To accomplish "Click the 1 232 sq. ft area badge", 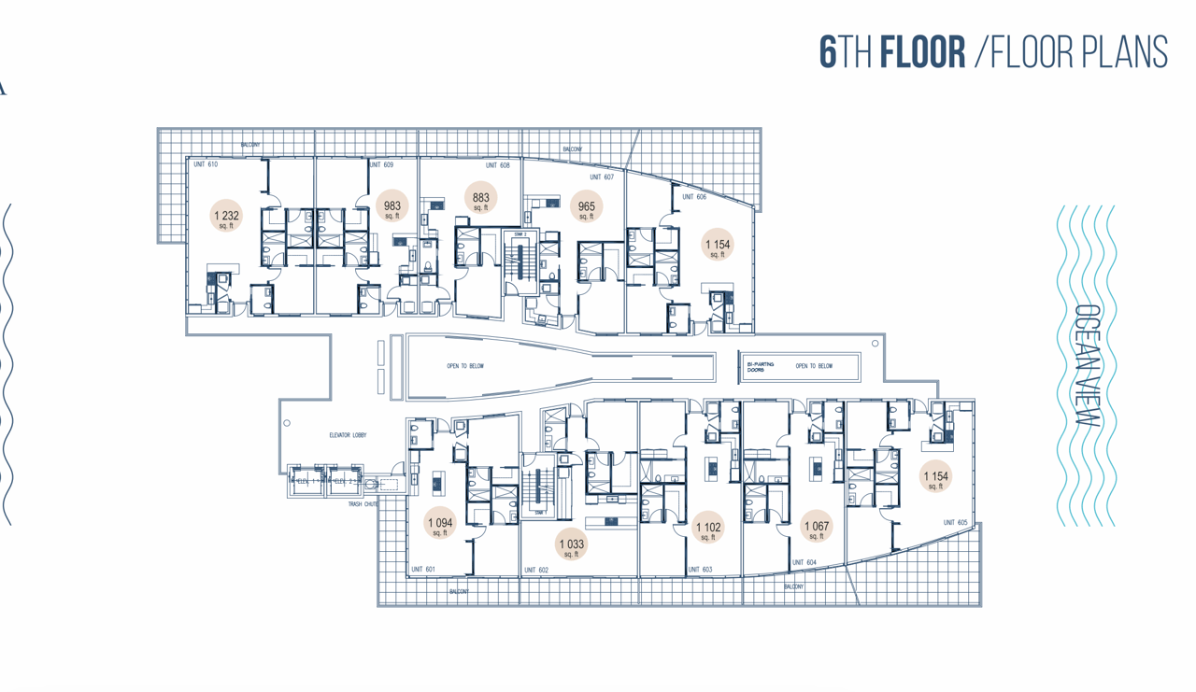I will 225,217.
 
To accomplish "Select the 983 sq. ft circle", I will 392,208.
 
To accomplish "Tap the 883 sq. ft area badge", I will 480,199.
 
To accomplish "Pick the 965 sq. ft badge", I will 586,208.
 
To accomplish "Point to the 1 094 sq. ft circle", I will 439,525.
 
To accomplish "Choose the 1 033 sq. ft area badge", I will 571,545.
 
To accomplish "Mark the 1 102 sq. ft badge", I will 708,530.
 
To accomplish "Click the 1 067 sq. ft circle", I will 817,528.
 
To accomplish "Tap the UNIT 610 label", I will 206,164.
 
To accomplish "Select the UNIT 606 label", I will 694,197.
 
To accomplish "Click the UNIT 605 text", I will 955,523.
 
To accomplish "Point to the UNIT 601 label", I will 423,569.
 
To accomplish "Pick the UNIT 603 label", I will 700,569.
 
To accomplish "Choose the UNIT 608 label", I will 498,165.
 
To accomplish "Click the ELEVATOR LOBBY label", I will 348,435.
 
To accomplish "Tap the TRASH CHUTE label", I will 362,504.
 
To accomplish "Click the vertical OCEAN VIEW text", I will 1086,366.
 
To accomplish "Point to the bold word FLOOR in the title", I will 923,52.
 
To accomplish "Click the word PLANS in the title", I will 1124,52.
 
